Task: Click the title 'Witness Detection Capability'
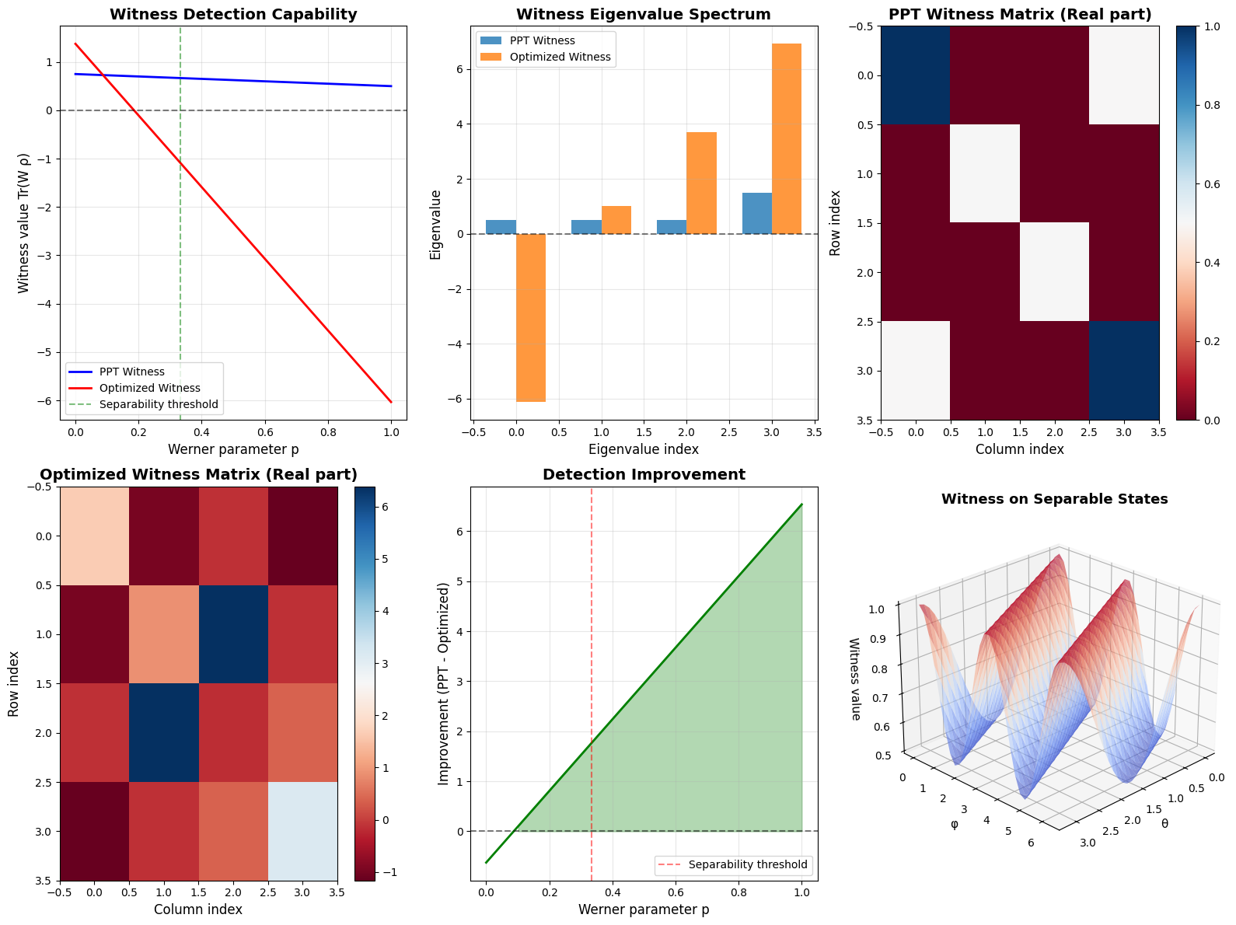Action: pyautogui.click(x=233, y=14)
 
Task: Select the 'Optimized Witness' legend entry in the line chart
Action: pyautogui.click(x=149, y=388)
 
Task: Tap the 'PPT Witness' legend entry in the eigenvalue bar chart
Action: pyautogui.click(x=543, y=40)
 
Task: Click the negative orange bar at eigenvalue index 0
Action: pyautogui.click(x=531, y=318)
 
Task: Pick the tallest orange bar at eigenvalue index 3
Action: pyautogui.click(x=787, y=138)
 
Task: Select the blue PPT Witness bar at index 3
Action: pyautogui.click(x=757, y=213)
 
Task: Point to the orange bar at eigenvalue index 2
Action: pyautogui.click(x=701, y=183)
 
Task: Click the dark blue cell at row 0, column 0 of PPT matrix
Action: pyautogui.click(x=915, y=75)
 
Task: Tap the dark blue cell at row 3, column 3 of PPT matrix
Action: pyautogui.click(x=1124, y=371)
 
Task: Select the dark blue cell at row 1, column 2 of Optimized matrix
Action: pyautogui.click(x=233, y=634)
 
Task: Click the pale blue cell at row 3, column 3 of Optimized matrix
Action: pyautogui.click(x=303, y=831)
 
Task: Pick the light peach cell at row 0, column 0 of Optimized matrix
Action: pyautogui.click(x=94, y=536)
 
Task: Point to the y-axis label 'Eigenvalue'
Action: pyautogui.click(x=436, y=224)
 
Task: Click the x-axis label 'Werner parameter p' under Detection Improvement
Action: pyautogui.click(x=644, y=909)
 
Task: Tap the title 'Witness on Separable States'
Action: pyautogui.click(x=1054, y=499)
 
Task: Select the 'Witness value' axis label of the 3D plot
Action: pyautogui.click(x=855, y=679)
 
